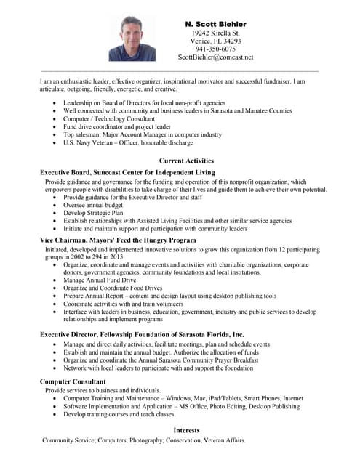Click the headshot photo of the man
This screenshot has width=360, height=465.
coord(132,39)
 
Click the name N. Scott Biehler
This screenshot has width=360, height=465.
coord(215,24)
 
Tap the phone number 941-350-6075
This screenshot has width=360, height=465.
coord(215,49)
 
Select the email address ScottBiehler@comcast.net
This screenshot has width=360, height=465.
coord(215,57)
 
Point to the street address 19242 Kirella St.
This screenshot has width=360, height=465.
coord(215,33)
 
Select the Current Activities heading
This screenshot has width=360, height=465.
coord(186,161)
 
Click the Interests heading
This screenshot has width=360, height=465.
coord(186,430)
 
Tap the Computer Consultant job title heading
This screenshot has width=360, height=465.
coord(73,381)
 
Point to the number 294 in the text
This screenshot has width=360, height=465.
coord(83,257)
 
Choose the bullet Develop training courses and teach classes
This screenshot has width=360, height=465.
coord(119,414)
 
